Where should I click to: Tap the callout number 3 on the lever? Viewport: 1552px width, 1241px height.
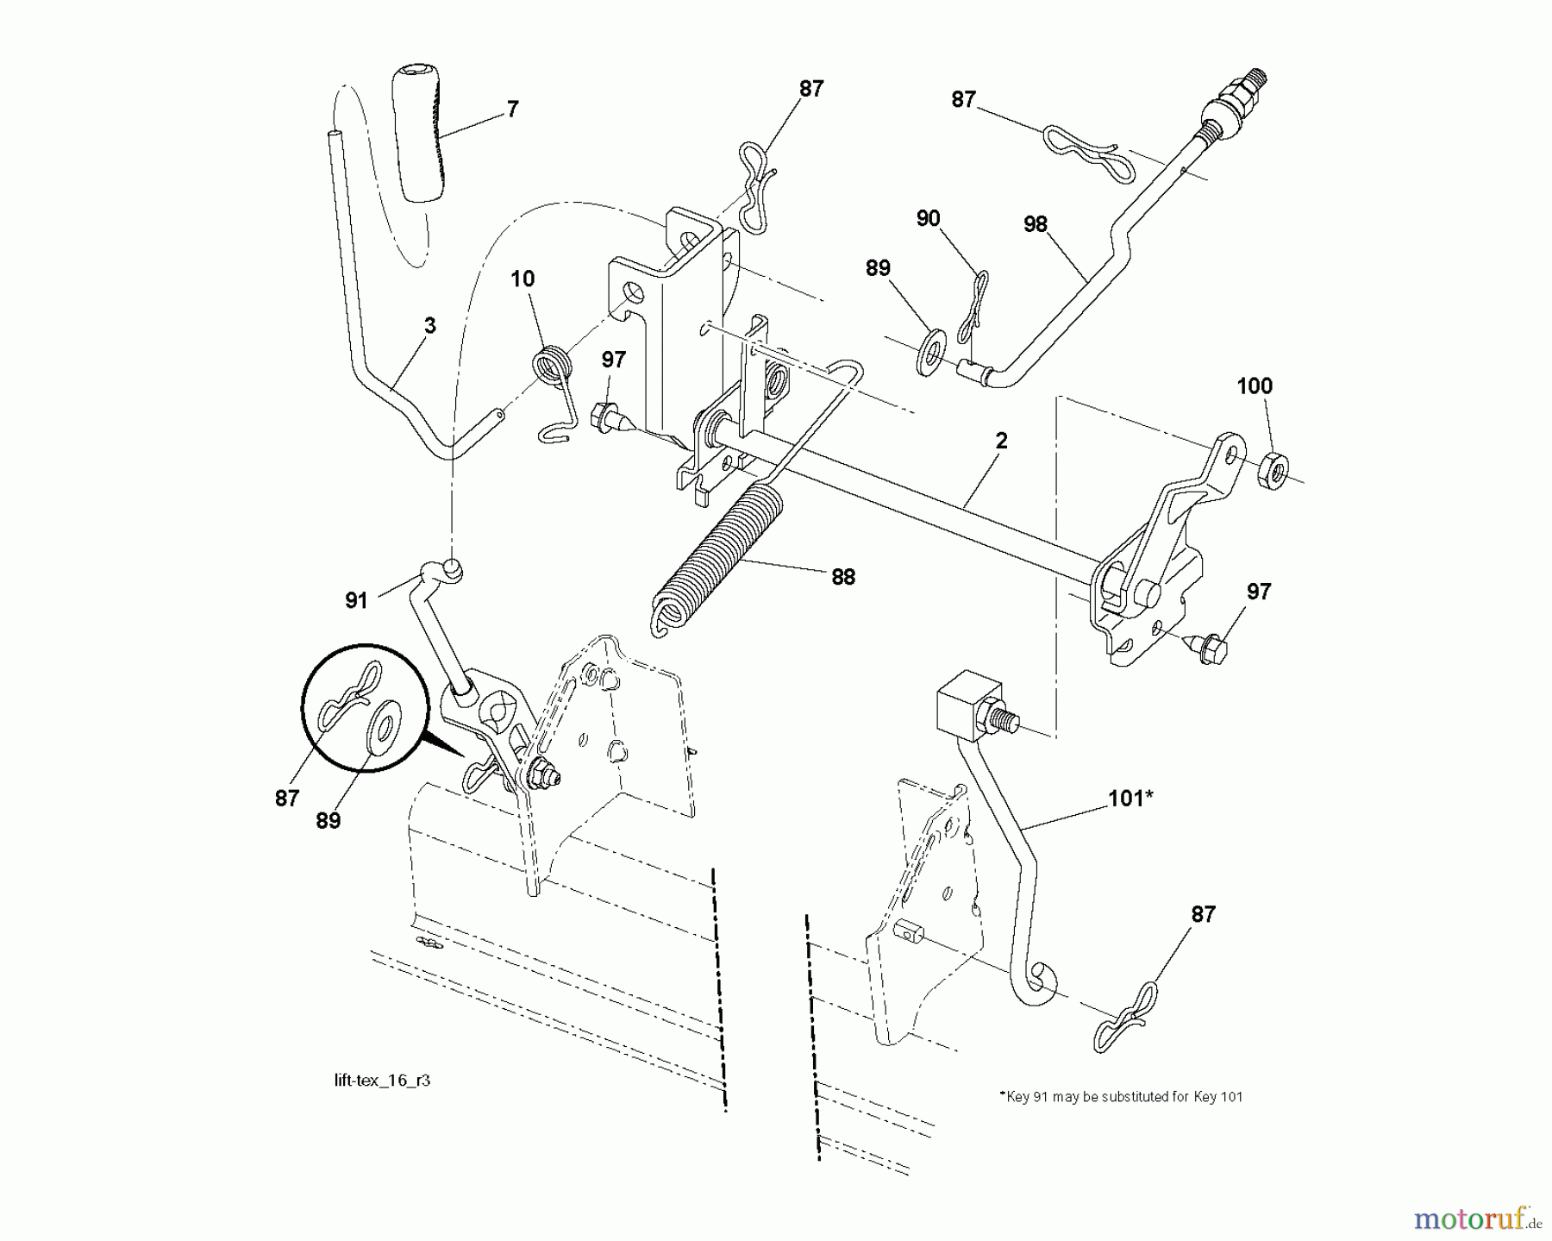[x=429, y=325]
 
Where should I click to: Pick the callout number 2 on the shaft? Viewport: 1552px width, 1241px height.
[x=1000, y=441]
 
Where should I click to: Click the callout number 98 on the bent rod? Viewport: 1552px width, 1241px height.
[x=1035, y=224]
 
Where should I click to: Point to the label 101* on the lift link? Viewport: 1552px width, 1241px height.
[x=1130, y=798]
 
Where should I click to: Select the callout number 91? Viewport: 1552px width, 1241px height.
[x=357, y=600]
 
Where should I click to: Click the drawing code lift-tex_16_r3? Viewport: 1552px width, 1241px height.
[x=382, y=1081]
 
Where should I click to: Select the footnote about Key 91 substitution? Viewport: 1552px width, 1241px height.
[x=1121, y=1097]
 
